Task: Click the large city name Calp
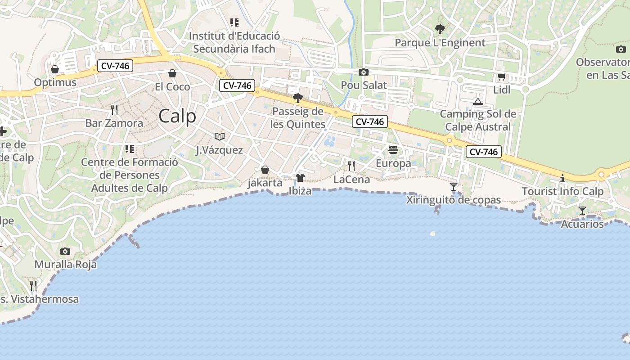(x=177, y=116)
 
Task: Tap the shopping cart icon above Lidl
(x=501, y=77)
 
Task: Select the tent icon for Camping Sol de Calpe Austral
(x=478, y=101)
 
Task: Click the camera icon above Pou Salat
(x=364, y=72)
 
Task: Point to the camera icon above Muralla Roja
(x=65, y=251)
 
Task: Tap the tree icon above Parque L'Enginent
(x=440, y=30)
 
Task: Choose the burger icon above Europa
(x=393, y=150)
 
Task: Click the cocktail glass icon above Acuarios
(x=582, y=210)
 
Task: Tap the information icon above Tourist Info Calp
(x=562, y=178)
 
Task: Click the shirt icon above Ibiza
(x=300, y=178)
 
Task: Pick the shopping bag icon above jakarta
(x=265, y=170)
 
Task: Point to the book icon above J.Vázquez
(x=220, y=136)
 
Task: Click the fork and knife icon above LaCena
(x=351, y=166)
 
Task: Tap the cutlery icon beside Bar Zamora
(x=114, y=109)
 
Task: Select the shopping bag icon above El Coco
(x=172, y=73)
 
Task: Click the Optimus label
(x=55, y=83)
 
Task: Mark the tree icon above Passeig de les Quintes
(x=297, y=98)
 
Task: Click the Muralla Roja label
(x=66, y=264)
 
